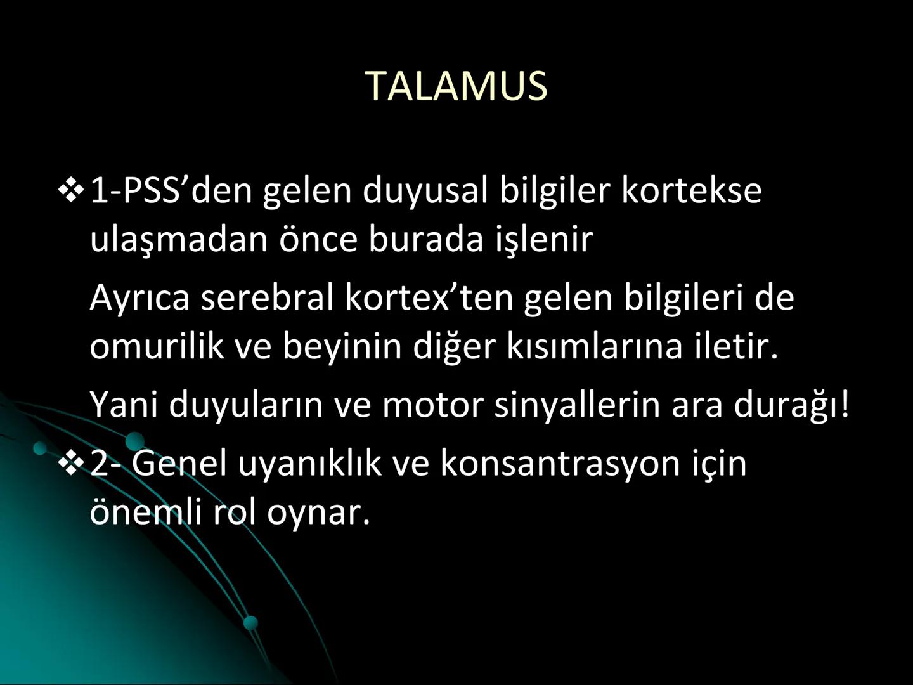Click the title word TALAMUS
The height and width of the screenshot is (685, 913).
pyautogui.click(x=456, y=86)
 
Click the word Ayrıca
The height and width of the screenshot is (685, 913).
pyautogui.click(x=139, y=297)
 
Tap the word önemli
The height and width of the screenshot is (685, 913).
pyautogui.click(x=146, y=512)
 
